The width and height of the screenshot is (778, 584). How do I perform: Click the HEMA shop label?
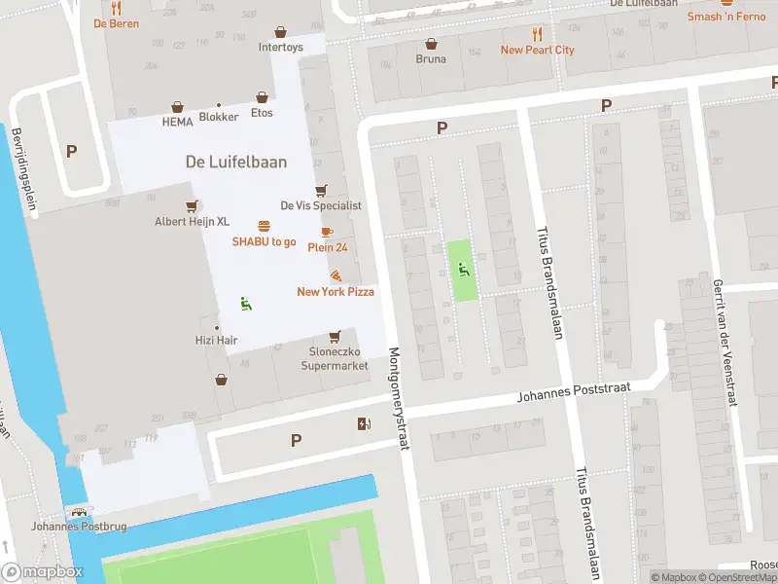[x=177, y=122]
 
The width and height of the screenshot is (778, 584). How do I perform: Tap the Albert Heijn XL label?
[x=193, y=221]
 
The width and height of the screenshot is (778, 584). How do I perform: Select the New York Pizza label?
[x=336, y=291]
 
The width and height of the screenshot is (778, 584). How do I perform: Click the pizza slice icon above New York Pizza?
[x=336, y=276]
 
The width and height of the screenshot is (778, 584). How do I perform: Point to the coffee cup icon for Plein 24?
[x=327, y=232]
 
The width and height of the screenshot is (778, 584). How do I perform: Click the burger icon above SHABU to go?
[x=264, y=226]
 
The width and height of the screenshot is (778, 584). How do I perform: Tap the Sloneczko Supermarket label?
[x=335, y=358]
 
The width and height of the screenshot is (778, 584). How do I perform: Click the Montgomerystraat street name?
[x=397, y=398]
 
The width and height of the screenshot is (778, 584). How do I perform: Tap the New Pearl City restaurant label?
[x=537, y=50]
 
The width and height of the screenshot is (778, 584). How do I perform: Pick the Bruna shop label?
[x=431, y=58]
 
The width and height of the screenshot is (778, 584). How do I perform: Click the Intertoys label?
[x=280, y=47]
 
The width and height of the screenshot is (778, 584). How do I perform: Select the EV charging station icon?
[x=364, y=423]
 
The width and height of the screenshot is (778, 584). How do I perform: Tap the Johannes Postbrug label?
[x=67, y=527]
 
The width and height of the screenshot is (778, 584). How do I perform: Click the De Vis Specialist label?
[x=321, y=205]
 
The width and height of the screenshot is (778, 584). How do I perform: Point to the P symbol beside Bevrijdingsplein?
[x=71, y=151]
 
